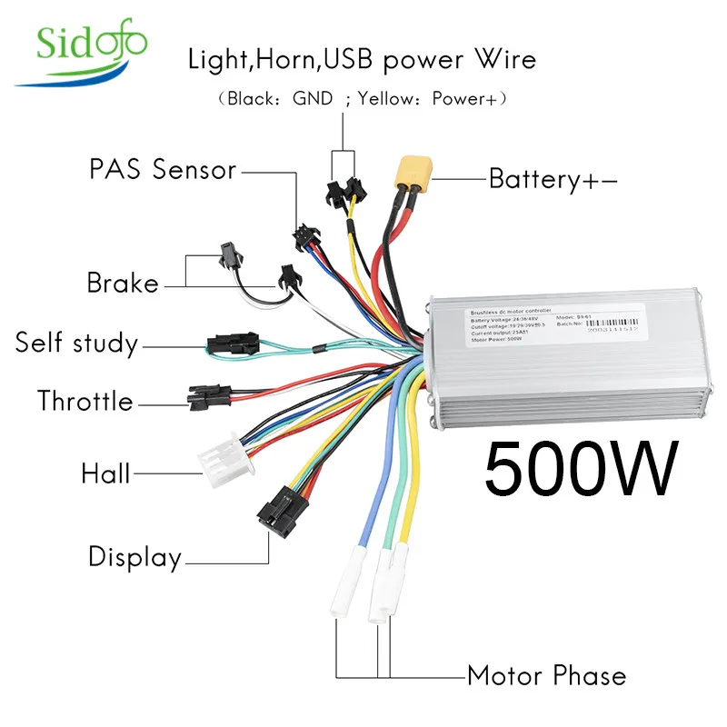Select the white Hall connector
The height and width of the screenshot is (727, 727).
click(220, 453)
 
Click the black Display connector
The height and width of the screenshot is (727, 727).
click(276, 516)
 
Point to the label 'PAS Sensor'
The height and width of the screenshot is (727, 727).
click(163, 170)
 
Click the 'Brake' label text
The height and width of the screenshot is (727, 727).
click(123, 283)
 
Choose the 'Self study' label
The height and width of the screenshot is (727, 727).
click(76, 344)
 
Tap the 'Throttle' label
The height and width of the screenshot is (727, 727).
click(85, 401)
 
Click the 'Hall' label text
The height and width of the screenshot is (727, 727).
click(105, 473)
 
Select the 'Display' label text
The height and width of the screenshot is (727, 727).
click(134, 556)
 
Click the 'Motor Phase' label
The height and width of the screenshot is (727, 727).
click(546, 676)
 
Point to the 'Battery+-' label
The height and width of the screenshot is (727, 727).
click(553, 179)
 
